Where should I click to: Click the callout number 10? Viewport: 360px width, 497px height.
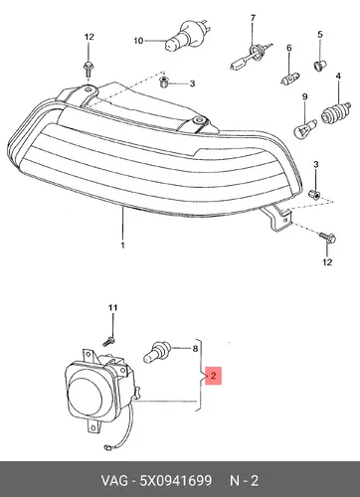coord(138,41)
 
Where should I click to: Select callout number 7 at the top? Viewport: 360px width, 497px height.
coord(253,18)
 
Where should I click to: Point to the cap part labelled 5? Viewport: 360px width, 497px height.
coord(320,66)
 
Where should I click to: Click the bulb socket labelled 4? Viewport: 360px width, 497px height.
coord(336,113)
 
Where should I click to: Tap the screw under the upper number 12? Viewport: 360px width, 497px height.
coord(89,68)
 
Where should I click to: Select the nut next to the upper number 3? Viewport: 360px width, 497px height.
coord(163,82)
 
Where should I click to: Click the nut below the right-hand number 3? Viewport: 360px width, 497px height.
coord(313,195)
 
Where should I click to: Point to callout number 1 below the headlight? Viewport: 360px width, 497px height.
coord(122,246)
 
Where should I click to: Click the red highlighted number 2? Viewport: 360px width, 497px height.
coord(213,376)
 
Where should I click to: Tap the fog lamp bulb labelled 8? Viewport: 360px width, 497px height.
coord(157,352)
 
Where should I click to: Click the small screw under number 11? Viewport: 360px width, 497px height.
coord(108,341)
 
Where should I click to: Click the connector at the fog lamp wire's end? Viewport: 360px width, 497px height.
coord(107,447)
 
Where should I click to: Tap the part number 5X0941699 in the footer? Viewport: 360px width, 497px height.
coord(176,480)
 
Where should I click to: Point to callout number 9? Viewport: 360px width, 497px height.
coord(304,96)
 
